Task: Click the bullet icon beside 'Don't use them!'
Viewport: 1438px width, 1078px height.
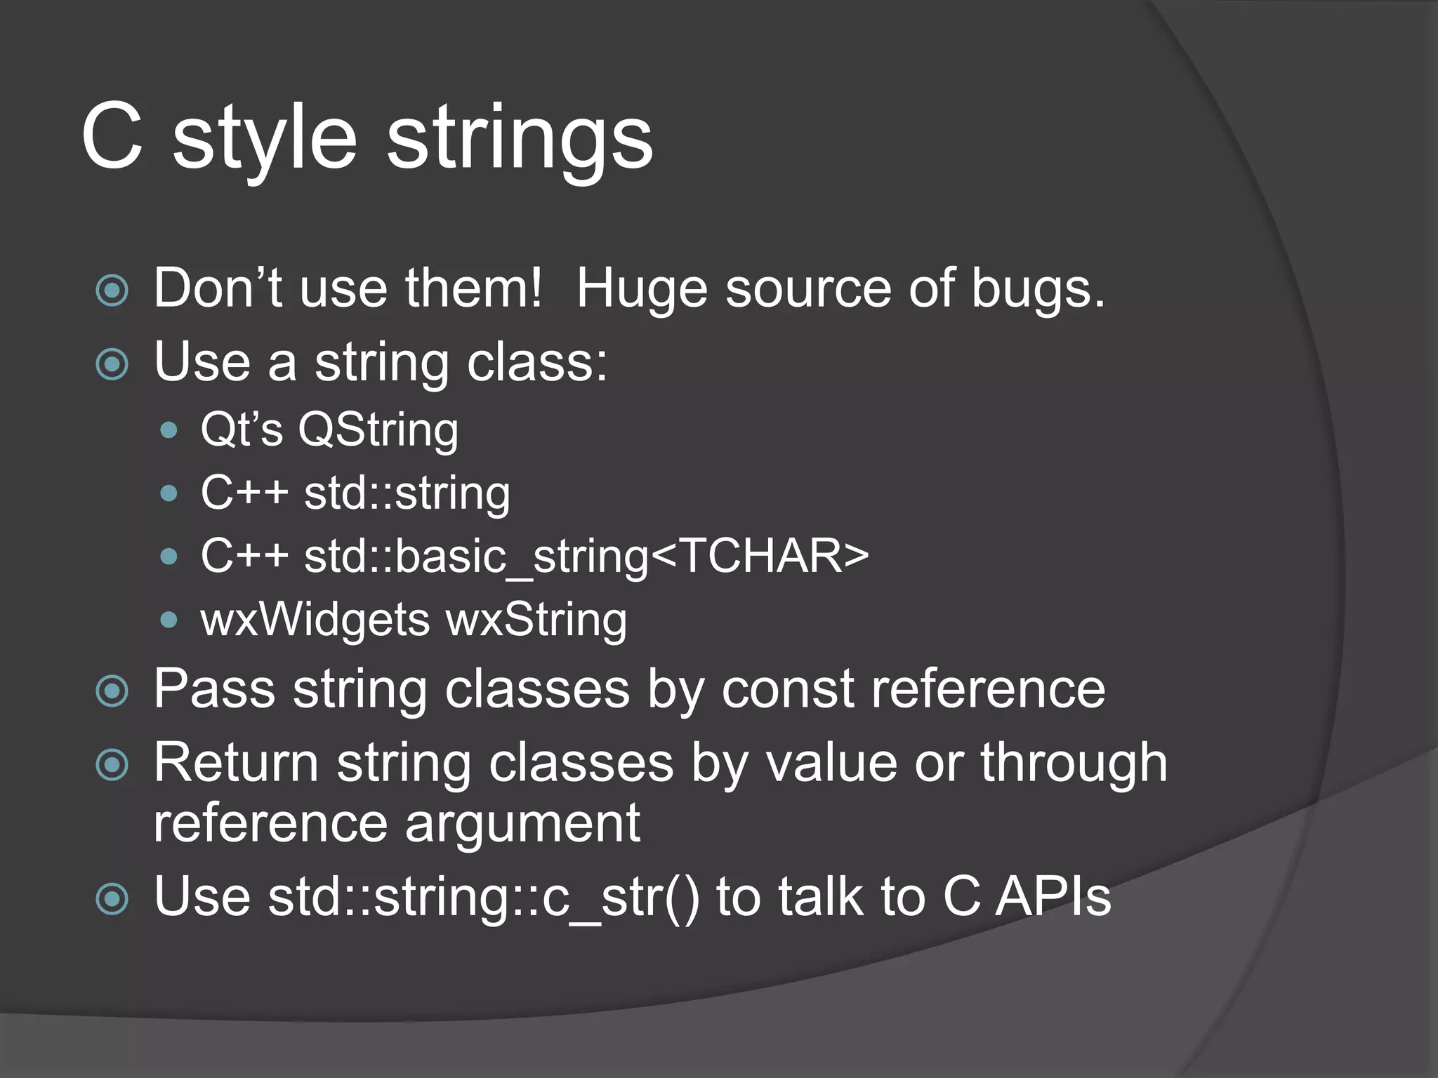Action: coord(112,291)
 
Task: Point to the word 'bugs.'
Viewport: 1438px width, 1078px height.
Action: coord(1038,289)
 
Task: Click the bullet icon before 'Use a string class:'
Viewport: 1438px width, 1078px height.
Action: coord(112,364)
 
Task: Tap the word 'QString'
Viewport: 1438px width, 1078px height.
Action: coord(378,430)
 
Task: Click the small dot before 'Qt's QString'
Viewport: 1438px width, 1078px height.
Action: coord(169,430)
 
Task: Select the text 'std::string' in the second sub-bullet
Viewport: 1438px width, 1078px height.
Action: coord(407,493)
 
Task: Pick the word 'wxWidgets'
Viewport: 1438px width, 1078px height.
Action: coord(315,620)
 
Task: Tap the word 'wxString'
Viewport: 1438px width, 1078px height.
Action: coord(536,620)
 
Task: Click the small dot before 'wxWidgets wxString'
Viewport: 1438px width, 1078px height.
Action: coord(169,620)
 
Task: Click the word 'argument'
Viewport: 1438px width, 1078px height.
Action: coord(522,824)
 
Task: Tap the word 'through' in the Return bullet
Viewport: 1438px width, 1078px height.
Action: coord(1074,763)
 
